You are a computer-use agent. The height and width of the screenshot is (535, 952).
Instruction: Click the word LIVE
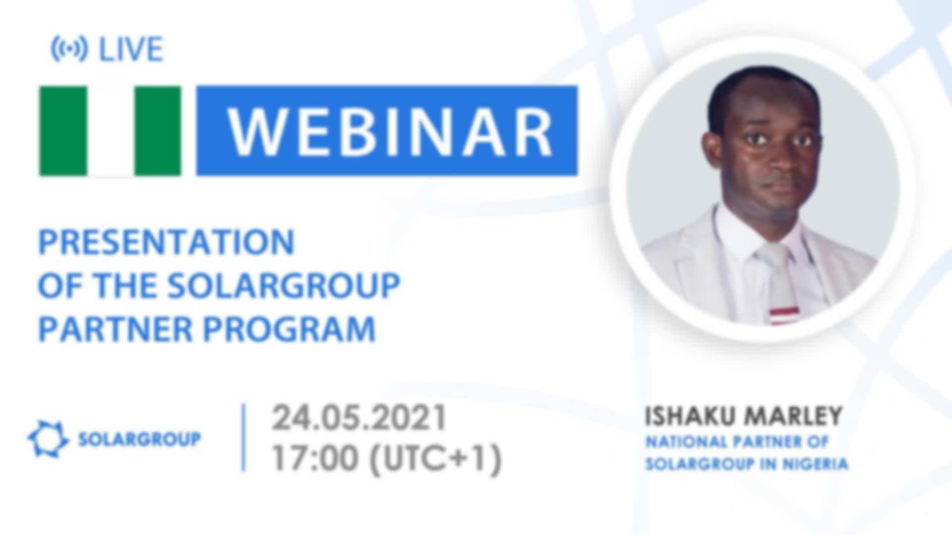click(x=131, y=50)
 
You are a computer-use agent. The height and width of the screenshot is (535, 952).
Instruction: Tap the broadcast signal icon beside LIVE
click(x=69, y=49)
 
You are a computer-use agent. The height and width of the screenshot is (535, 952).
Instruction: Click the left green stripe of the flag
click(x=63, y=131)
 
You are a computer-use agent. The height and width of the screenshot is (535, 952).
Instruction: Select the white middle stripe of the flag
click(x=111, y=131)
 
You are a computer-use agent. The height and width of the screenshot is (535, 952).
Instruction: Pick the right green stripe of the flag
click(x=158, y=131)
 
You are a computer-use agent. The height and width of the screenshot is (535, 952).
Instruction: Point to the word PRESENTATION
click(x=167, y=242)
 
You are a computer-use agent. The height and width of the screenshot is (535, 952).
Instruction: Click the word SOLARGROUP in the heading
click(x=284, y=285)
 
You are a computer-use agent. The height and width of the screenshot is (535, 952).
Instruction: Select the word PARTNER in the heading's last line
click(x=116, y=329)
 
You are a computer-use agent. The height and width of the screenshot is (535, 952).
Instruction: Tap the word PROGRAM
click(x=290, y=329)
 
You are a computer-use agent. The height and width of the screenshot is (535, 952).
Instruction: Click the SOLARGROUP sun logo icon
click(x=48, y=439)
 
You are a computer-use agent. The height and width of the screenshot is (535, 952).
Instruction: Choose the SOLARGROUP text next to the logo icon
click(x=139, y=439)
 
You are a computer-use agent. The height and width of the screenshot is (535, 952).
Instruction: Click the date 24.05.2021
click(x=359, y=418)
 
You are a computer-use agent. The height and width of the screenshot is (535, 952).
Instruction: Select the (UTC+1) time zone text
click(x=435, y=459)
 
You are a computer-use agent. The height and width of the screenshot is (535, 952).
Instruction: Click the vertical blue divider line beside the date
click(x=243, y=437)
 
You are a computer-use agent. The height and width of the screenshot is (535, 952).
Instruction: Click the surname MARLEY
click(x=793, y=417)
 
